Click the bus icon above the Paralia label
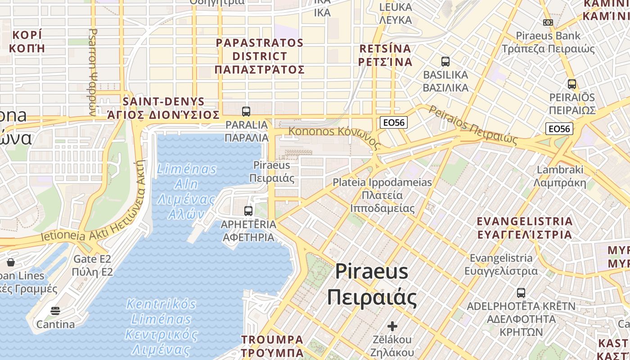[x=246, y=111]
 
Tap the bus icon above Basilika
[x=445, y=62]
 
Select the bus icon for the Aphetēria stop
[x=248, y=211]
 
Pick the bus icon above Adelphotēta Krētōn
[x=521, y=293]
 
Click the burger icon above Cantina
[x=55, y=311]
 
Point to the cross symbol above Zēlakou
[x=392, y=326]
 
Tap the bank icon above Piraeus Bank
[x=548, y=22]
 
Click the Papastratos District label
[x=260, y=56]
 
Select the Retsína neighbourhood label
[x=386, y=55]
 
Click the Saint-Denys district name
[x=163, y=108]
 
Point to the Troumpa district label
[x=272, y=346]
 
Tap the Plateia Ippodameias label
[x=382, y=195]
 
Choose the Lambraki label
[x=560, y=176]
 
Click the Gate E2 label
[x=92, y=265]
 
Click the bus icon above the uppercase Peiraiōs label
[x=572, y=84]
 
